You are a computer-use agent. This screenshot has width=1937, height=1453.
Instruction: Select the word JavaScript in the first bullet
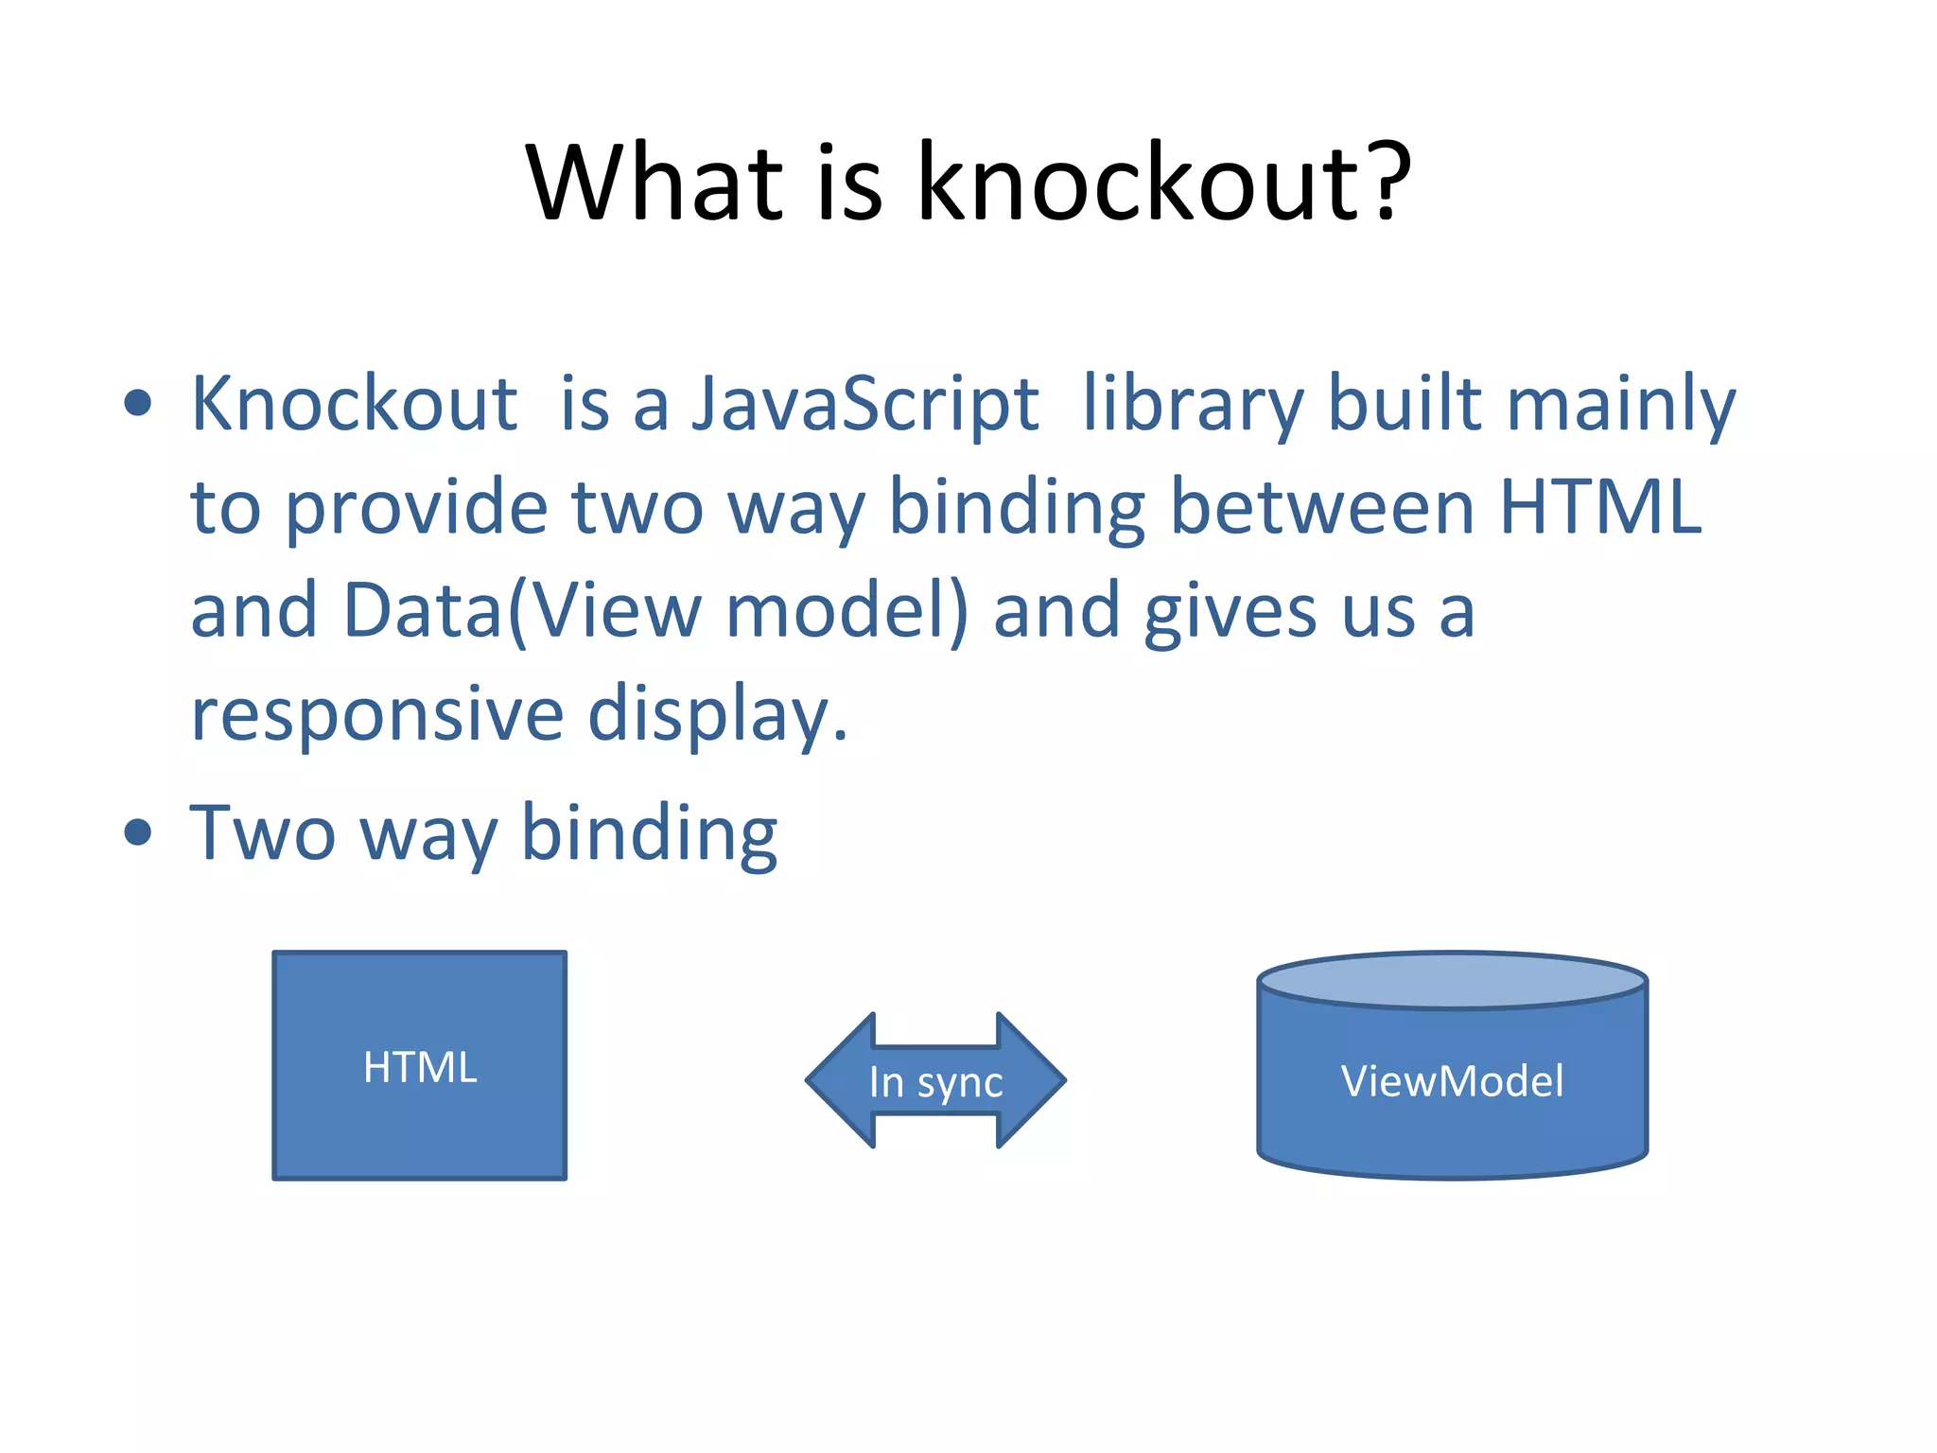(865, 405)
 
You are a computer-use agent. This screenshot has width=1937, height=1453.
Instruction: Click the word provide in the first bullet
(416, 509)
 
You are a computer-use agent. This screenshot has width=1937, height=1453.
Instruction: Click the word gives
(1230, 613)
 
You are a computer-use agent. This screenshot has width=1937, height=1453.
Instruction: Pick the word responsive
(377, 715)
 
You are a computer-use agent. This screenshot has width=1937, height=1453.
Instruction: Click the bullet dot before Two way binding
(138, 832)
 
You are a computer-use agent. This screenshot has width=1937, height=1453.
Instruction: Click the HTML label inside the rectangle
(420, 1067)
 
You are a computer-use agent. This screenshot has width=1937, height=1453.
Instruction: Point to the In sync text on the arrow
(935, 1082)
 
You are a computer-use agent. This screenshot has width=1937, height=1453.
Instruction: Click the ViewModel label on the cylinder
(1452, 1081)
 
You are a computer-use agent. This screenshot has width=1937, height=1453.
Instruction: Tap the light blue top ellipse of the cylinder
(1452, 980)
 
